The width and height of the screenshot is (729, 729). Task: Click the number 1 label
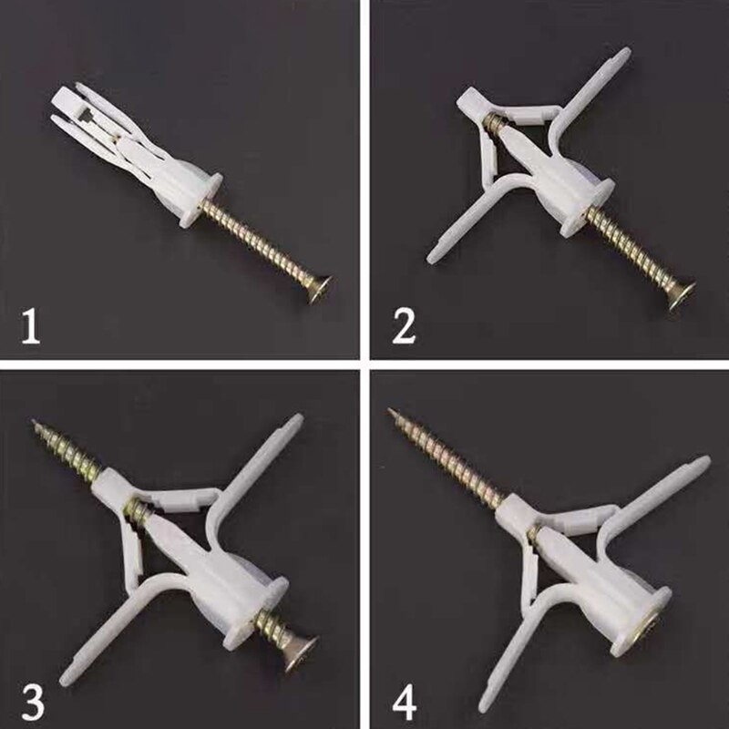tap(31, 327)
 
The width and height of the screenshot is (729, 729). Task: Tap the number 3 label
tap(31, 693)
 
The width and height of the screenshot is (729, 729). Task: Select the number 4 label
tap(404, 693)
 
